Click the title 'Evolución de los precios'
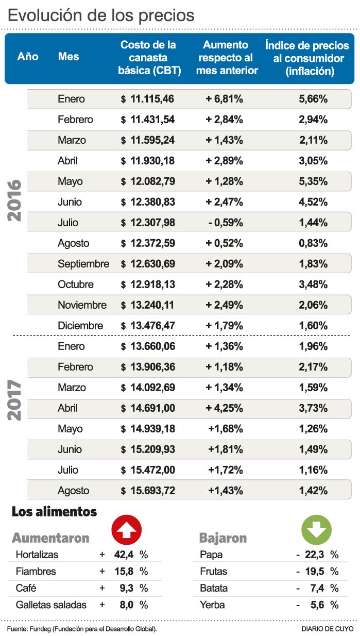pyautogui.click(x=101, y=15)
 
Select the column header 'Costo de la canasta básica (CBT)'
pyautogui.click(x=148, y=58)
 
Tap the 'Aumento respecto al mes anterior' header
pyautogui.click(x=227, y=58)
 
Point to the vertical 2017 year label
pyautogui.click(x=15, y=400)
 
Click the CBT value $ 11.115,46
pyautogui.click(x=148, y=99)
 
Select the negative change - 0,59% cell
pyautogui.click(x=225, y=223)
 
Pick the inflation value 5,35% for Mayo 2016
pyautogui.click(x=313, y=181)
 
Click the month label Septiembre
pyautogui.click(x=83, y=264)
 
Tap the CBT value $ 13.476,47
pyautogui.click(x=148, y=326)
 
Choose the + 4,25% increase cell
pyautogui.click(x=225, y=408)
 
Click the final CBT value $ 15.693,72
pyautogui.click(x=148, y=491)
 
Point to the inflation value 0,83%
pyautogui.click(x=313, y=243)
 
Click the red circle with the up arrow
pyautogui.click(x=127, y=528)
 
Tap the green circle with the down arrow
pyautogui.click(x=316, y=528)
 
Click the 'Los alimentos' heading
pyautogui.click(x=54, y=512)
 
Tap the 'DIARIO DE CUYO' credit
pyautogui.click(x=327, y=629)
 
